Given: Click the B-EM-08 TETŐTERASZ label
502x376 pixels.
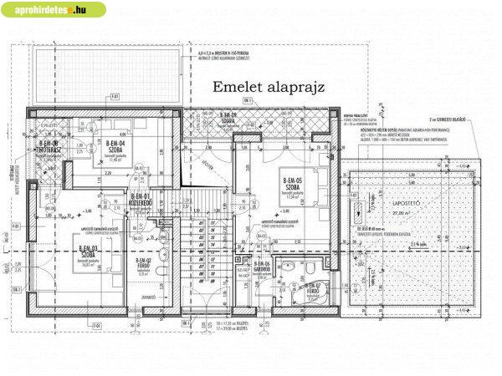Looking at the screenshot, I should pos(49,146).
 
